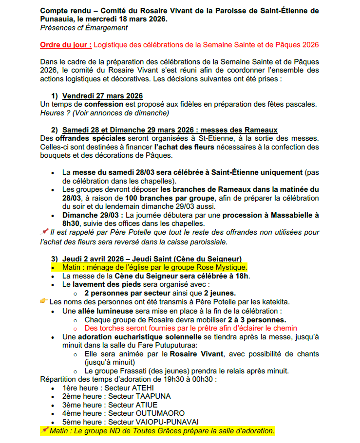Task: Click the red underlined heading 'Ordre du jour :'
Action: (x=66, y=45)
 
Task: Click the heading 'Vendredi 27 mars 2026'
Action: (x=102, y=96)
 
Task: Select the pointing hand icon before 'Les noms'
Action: (x=44, y=302)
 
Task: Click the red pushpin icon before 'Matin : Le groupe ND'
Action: (x=45, y=430)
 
